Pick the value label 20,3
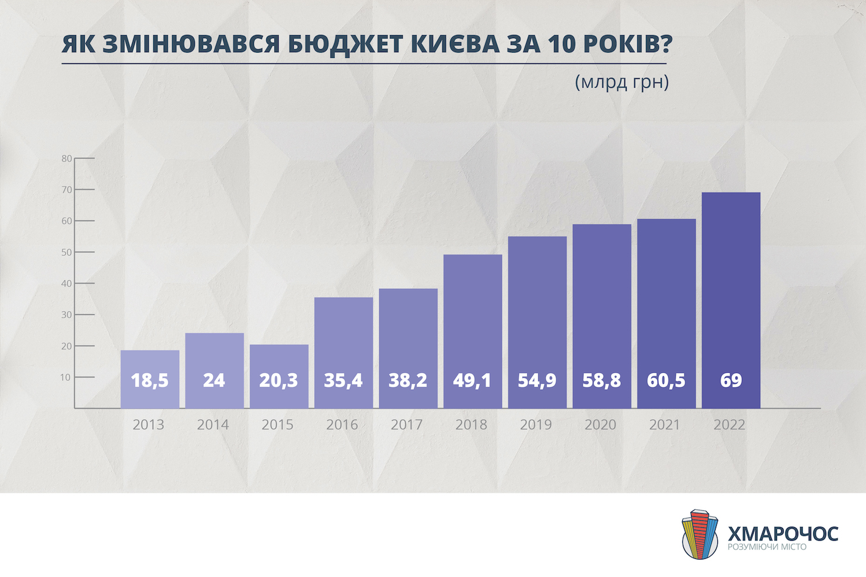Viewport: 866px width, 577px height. [279, 380]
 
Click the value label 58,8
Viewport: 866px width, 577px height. [602, 380]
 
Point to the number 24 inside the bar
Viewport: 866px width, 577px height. [214, 380]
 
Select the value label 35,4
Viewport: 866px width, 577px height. [343, 380]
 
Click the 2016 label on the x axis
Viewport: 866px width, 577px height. [342, 425]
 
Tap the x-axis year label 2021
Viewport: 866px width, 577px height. [665, 425]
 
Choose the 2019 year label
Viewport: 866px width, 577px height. [536, 425]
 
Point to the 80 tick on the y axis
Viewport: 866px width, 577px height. [66, 159]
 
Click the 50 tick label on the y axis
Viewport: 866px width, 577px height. [66, 252]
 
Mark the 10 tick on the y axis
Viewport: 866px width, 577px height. [66, 377]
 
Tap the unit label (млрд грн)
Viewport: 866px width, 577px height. [621, 81]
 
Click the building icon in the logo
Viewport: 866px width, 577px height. [700, 534]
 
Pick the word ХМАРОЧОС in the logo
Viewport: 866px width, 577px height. [783, 533]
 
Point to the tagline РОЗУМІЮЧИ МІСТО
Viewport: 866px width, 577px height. [767, 547]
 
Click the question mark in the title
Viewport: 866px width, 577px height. [666, 44]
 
